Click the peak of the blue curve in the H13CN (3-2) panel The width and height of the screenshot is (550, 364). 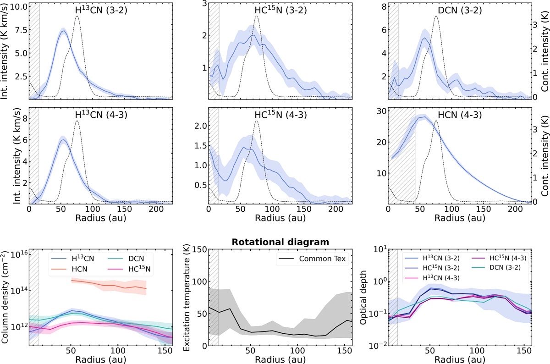point(64,31)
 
